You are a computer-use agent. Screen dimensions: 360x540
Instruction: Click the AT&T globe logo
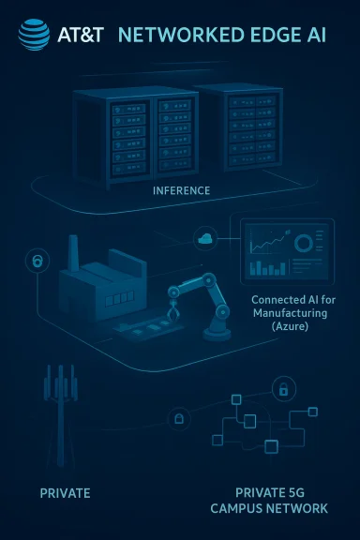coord(35,36)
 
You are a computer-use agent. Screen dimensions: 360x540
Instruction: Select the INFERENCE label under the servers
coord(181,190)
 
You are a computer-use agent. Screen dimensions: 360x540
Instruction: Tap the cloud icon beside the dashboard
coord(205,240)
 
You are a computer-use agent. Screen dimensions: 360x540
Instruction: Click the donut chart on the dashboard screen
coord(306,243)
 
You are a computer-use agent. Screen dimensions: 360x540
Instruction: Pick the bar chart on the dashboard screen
coord(270,268)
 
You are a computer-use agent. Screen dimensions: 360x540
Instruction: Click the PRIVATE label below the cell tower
coord(65,491)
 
